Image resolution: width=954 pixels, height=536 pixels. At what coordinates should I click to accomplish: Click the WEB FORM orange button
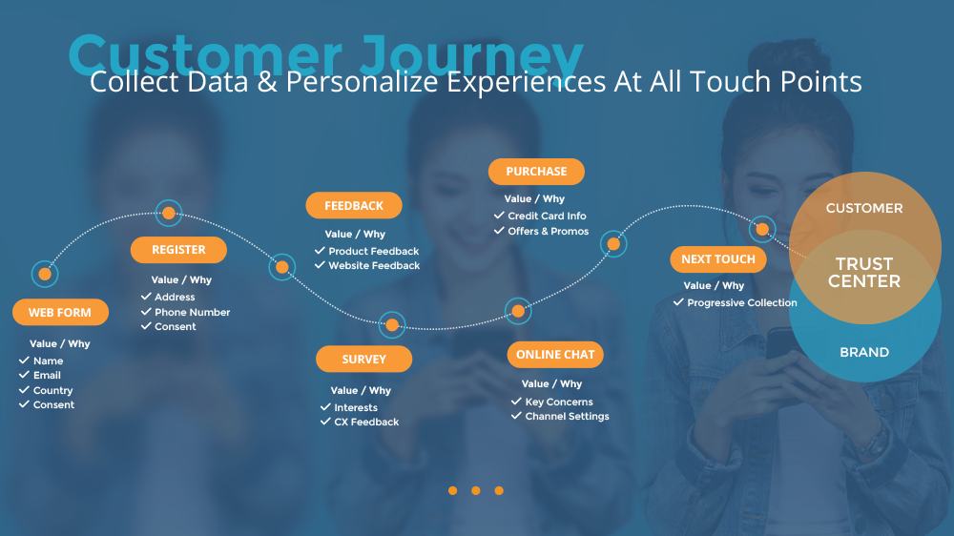coord(60,312)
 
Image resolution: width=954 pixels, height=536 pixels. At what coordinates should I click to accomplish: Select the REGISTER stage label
coord(179,250)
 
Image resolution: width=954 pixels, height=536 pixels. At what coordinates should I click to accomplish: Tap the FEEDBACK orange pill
coord(354,206)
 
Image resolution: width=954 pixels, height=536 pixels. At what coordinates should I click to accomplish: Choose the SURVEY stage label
coord(363,359)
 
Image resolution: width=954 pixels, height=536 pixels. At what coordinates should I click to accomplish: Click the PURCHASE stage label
coord(536,172)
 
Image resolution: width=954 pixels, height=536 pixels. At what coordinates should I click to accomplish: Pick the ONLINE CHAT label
coord(555,355)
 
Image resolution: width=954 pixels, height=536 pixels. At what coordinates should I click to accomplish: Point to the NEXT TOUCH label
coord(718,259)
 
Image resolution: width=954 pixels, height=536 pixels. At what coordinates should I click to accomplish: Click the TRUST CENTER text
coord(864,273)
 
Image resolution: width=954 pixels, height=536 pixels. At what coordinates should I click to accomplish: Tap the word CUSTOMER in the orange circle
coord(864,208)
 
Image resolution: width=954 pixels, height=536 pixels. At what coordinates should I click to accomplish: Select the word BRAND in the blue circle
coord(864,352)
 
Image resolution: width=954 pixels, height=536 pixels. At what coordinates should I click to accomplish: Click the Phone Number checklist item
coord(193,312)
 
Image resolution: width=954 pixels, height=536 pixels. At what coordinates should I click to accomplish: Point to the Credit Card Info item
coord(547,216)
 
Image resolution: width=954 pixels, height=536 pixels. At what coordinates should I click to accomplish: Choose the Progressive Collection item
coord(741,303)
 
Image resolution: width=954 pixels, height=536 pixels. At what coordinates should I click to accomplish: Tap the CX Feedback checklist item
coord(366,423)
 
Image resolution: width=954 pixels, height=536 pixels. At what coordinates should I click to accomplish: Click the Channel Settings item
coord(567,417)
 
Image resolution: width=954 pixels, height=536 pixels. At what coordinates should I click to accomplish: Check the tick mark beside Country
coord(25,389)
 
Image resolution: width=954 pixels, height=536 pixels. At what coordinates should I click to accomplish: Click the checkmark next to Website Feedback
coord(320,264)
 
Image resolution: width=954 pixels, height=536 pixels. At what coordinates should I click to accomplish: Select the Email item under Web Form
coord(47,376)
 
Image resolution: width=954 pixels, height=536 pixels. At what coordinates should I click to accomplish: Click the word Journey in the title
coord(471,56)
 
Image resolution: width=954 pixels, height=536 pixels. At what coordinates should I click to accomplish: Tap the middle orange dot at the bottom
coord(476,490)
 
